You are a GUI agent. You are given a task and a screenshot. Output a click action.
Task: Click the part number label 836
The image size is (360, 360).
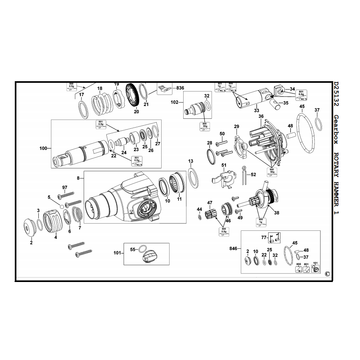coord(180,88)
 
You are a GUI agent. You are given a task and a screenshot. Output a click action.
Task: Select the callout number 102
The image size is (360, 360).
coord(174,102)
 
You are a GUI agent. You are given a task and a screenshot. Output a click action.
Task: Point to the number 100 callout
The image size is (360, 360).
coord(43,148)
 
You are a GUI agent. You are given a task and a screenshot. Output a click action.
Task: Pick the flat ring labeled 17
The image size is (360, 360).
coord(83,109)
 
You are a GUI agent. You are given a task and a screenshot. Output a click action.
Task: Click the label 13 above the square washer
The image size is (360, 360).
coord(191,161)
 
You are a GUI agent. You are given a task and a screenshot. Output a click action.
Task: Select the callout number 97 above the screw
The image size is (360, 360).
coord(65,187)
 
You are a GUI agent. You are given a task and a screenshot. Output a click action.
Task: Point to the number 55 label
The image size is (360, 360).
coord(133,249)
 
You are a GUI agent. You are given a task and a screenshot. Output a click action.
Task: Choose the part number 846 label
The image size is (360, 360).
coord(234,248)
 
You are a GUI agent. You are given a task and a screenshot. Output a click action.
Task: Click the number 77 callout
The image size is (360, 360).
coord(264,237)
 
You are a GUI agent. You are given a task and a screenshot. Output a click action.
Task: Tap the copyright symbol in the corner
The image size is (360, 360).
coord(327,274)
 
